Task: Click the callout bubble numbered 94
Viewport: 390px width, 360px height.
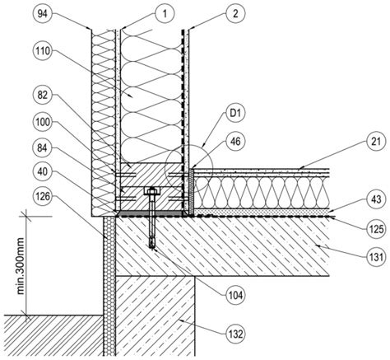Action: pos(42,14)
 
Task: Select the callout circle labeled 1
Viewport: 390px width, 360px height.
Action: pos(165,14)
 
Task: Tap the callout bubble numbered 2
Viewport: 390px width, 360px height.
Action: pos(235,14)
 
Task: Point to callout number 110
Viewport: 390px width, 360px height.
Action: pos(42,51)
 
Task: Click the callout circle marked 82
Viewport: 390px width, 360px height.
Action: pos(42,96)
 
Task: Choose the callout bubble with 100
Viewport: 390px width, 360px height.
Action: pos(42,122)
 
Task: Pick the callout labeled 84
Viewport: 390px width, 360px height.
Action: pos(42,148)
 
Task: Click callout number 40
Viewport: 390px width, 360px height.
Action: pos(42,172)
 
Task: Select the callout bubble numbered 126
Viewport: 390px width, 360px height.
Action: pos(42,196)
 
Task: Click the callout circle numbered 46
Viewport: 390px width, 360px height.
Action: pos(235,142)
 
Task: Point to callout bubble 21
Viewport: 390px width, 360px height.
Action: pos(376,142)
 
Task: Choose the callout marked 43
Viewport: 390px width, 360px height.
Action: pos(376,199)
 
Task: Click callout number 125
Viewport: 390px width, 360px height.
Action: pos(376,228)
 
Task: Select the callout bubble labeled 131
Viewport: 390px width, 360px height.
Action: pos(376,257)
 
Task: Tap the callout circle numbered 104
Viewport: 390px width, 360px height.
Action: pos(235,295)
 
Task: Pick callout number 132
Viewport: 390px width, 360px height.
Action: pos(235,334)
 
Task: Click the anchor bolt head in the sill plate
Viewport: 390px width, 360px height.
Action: pos(151,190)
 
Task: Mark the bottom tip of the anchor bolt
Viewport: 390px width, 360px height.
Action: pos(152,248)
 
